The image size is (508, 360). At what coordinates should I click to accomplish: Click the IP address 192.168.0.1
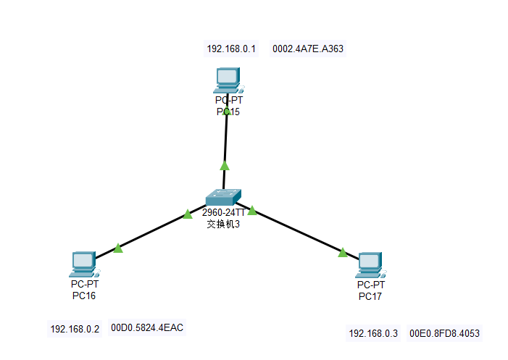[x=232, y=49]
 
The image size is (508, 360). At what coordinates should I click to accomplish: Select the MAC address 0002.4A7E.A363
[x=308, y=49]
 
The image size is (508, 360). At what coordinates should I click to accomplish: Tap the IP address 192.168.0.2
[x=75, y=329]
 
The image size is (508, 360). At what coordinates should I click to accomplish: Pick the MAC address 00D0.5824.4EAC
[x=147, y=328]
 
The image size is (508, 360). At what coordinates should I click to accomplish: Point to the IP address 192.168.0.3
[x=374, y=333]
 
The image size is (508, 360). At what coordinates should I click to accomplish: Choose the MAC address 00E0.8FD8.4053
[x=444, y=333]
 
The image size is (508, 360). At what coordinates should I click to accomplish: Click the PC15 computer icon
[x=228, y=78]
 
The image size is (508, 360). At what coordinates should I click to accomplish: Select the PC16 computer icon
[x=83, y=264]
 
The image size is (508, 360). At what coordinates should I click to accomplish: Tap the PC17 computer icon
[x=370, y=265]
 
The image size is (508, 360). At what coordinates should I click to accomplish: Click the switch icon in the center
[x=222, y=197]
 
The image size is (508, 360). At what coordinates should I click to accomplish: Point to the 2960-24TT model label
[x=223, y=213]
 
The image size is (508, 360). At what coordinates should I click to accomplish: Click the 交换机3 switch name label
[x=223, y=225]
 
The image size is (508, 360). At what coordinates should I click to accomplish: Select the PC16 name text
[x=84, y=296]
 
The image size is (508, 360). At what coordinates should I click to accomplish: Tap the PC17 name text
[x=370, y=297]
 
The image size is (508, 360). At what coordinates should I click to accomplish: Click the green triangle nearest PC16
[x=118, y=248]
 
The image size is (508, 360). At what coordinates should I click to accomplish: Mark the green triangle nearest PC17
[x=343, y=252]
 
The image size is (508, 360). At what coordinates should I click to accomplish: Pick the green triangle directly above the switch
[x=225, y=165]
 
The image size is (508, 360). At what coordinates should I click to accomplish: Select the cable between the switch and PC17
[x=297, y=231]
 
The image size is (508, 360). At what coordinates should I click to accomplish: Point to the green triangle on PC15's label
[x=227, y=112]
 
